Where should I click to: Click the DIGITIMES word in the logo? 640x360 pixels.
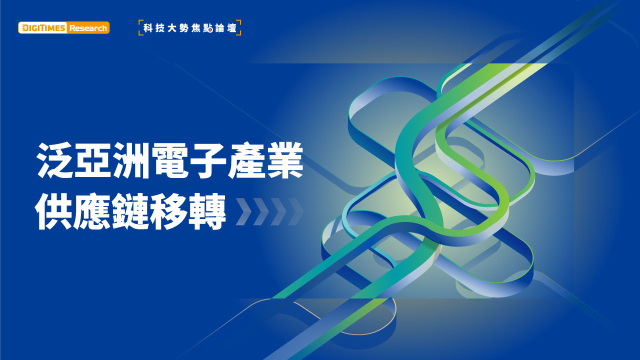(x=43, y=28)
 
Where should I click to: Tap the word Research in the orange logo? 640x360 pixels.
(x=88, y=28)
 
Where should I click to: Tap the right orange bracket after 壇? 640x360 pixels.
(x=239, y=27)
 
